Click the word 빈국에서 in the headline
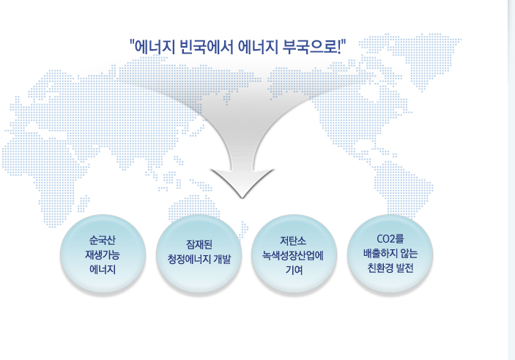pyautogui.click(x=206, y=47)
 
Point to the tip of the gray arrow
pyautogui.click(x=242, y=198)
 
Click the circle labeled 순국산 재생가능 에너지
pyautogui.click(x=103, y=254)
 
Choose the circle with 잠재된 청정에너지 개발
pyautogui.click(x=199, y=254)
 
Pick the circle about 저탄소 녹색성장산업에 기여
pyautogui.click(x=294, y=254)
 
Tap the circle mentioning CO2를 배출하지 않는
pyautogui.click(x=390, y=254)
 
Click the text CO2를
pyautogui.click(x=390, y=239)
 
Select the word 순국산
pyautogui.click(x=103, y=240)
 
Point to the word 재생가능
pyautogui.click(x=103, y=255)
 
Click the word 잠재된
pyautogui.click(x=199, y=245)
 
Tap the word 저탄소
pyautogui.click(x=293, y=240)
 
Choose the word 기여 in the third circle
pyautogui.click(x=294, y=270)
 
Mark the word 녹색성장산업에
pyautogui.click(x=293, y=255)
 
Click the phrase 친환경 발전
pyautogui.click(x=390, y=268)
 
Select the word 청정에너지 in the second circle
pyautogui.click(x=189, y=259)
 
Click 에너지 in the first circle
pyautogui.click(x=103, y=270)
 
